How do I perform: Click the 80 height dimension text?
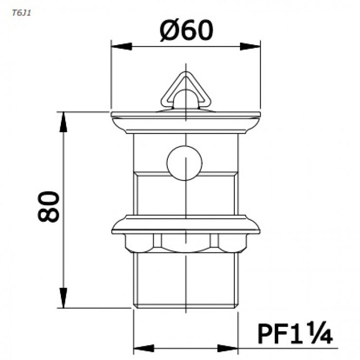49,207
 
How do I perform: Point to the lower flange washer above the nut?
186,224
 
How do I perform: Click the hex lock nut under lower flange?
186,242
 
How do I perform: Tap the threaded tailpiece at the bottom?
186,280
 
